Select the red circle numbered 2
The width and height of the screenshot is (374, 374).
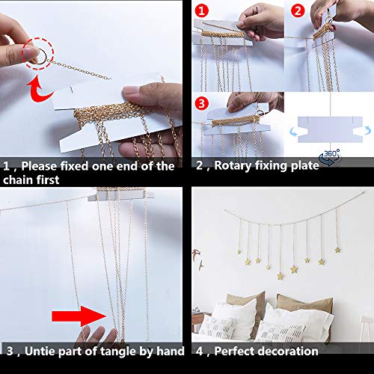(x=296, y=10)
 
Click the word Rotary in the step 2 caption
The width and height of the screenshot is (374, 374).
(x=231, y=166)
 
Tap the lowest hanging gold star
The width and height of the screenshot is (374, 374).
(x=280, y=276)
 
